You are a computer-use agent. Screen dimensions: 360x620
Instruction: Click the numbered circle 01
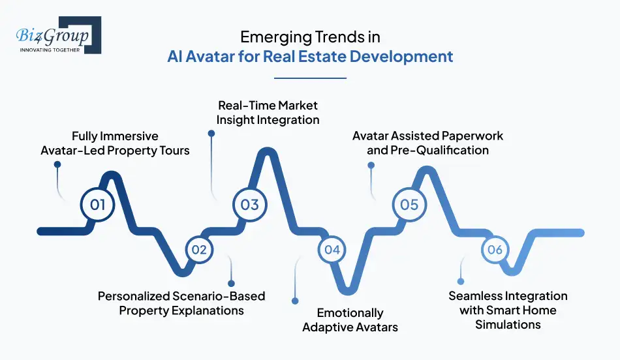(x=97, y=205)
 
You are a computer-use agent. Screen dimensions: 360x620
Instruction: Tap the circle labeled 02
(x=199, y=249)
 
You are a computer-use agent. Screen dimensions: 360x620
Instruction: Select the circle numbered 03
(x=250, y=205)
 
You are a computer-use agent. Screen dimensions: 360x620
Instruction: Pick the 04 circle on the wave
(x=332, y=249)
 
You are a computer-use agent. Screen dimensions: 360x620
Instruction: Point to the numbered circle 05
(x=409, y=205)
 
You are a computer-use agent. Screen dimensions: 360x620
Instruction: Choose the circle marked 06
(x=495, y=249)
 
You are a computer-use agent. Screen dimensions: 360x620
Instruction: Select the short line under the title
(x=310, y=79)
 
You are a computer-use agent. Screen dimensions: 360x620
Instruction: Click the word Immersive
(x=129, y=136)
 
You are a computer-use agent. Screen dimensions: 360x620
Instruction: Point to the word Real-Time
(x=244, y=105)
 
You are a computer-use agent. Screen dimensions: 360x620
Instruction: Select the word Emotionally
(x=350, y=312)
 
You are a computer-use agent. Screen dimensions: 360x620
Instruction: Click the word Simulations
(x=508, y=324)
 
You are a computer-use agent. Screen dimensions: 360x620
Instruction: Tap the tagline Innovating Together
(x=50, y=50)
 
